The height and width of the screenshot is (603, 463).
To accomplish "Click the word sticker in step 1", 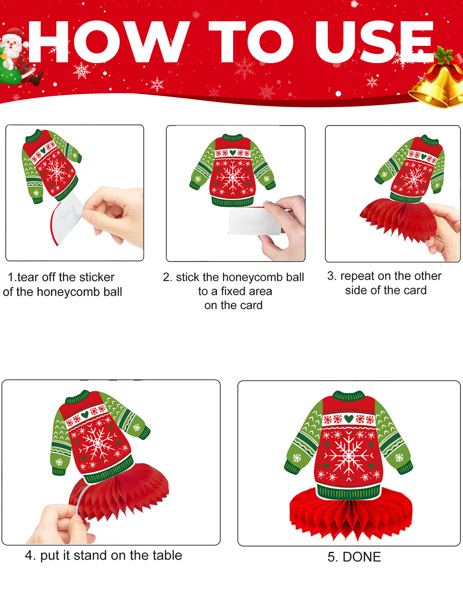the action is [x=97, y=277].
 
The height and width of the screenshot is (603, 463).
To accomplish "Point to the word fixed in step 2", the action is [x=233, y=291].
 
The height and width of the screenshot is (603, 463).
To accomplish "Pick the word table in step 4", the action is [x=168, y=556].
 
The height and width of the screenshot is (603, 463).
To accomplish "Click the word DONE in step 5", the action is [x=362, y=557].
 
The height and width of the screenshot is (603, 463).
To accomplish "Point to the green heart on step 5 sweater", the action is [x=349, y=418].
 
